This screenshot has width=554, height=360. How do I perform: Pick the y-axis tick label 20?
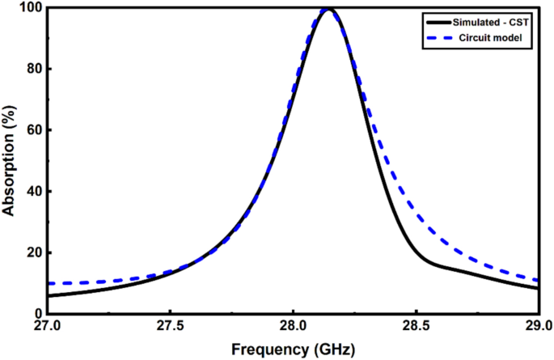click(x=32, y=252)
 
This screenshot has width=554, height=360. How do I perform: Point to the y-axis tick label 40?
click(x=32, y=192)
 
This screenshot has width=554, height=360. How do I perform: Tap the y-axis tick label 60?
click(x=32, y=130)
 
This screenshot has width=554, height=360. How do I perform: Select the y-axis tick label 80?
click(x=32, y=70)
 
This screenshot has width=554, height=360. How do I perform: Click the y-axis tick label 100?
click(x=29, y=8)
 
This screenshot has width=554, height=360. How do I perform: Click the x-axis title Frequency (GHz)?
click(x=292, y=349)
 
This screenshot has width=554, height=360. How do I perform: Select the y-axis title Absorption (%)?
click(x=9, y=161)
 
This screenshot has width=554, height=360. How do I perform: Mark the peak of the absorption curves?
click(x=328, y=10)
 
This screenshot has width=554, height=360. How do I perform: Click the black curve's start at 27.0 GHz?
click(x=48, y=295)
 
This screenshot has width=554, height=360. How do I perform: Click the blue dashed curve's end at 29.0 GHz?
click(x=538, y=280)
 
